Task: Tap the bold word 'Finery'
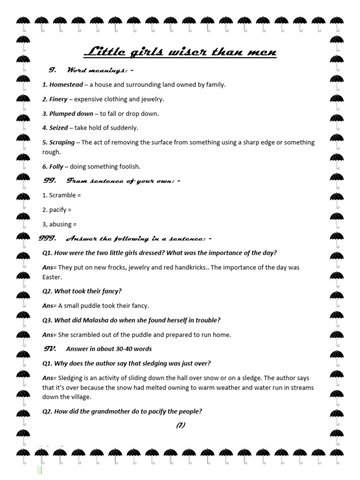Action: [x=59, y=99]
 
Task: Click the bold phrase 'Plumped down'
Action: [x=71, y=113]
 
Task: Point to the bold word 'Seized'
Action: [x=59, y=127]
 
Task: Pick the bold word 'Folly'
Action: [x=56, y=166]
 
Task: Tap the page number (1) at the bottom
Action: [x=180, y=425]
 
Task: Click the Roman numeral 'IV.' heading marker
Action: [x=50, y=348]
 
